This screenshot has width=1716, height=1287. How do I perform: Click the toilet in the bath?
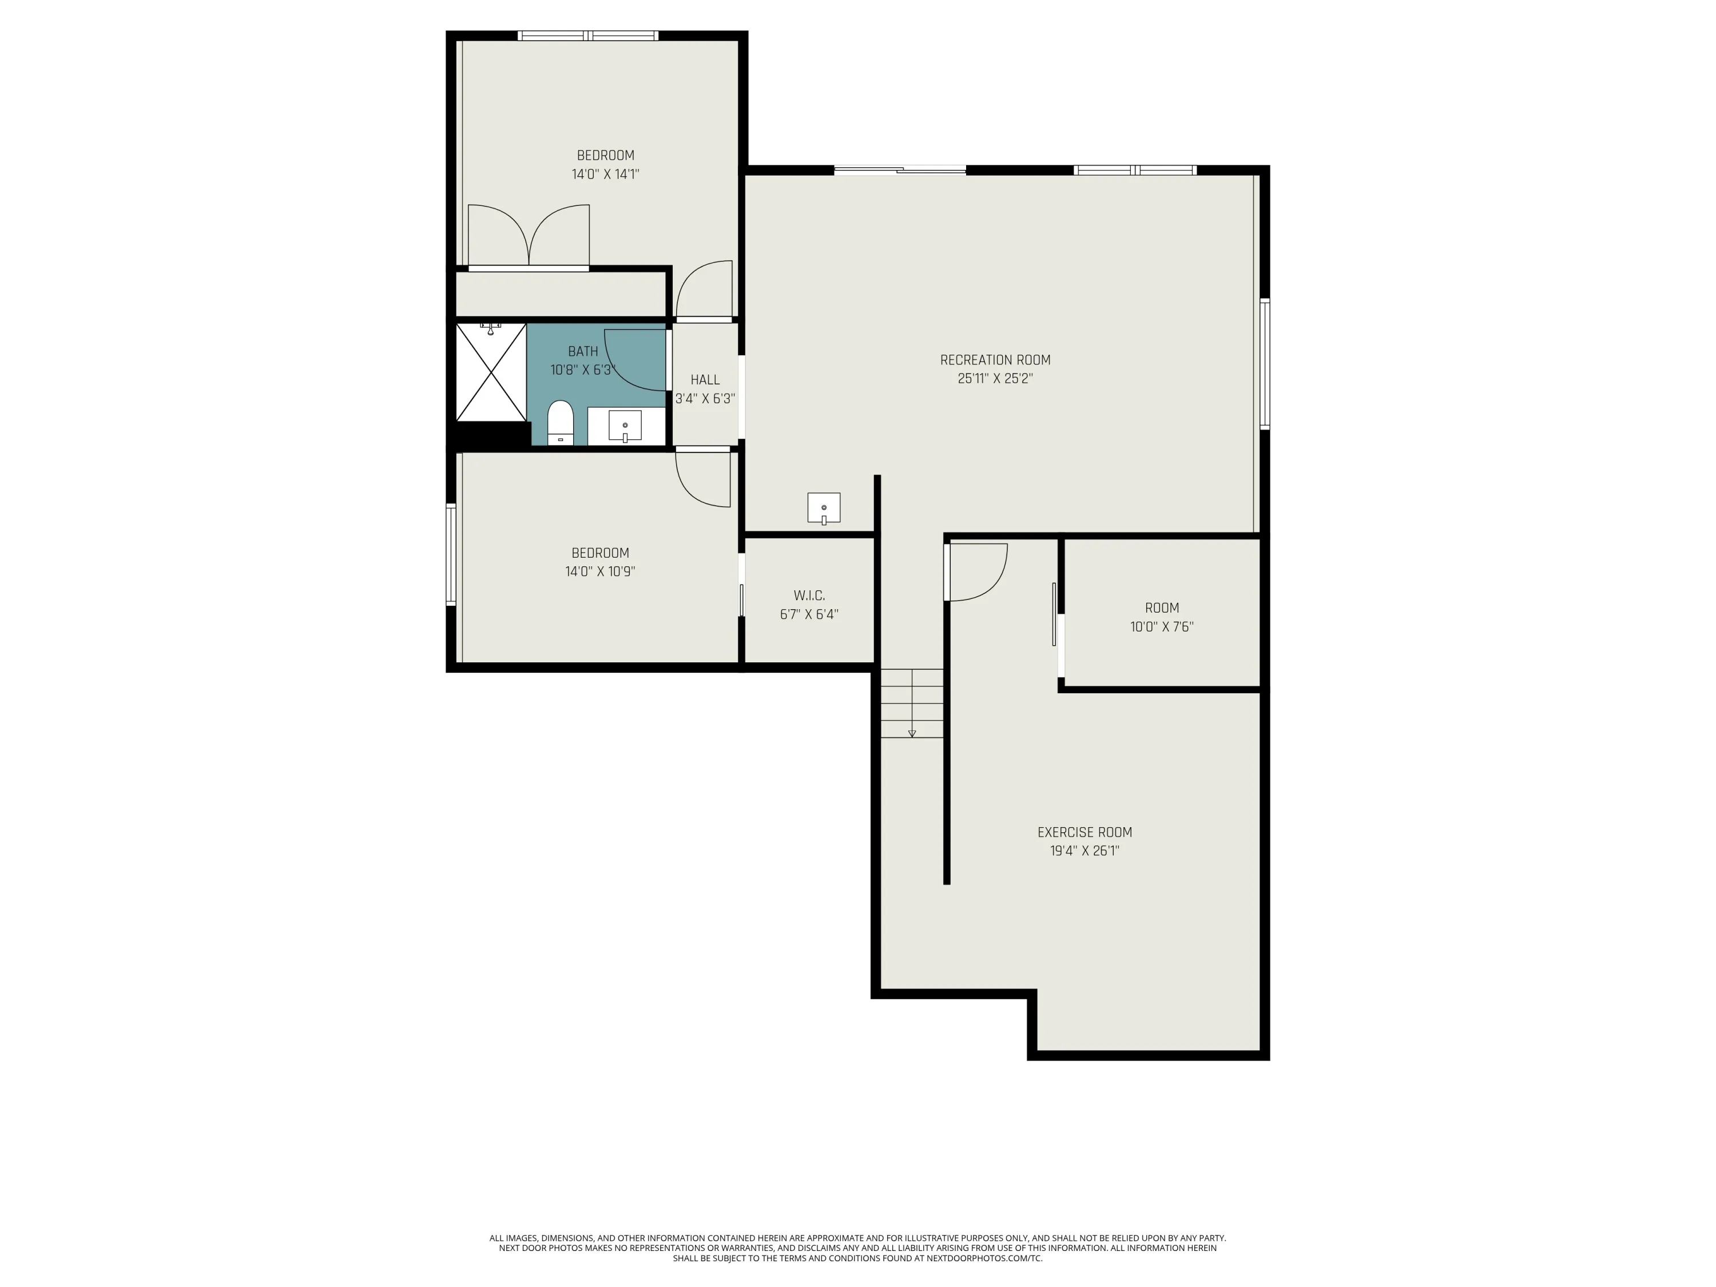click(x=560, y=423)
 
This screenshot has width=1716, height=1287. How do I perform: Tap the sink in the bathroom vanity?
click(x=625, y=426)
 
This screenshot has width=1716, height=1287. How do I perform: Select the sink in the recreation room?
click(x=824, y=508)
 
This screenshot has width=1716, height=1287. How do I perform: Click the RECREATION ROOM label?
click(x=995, y=360)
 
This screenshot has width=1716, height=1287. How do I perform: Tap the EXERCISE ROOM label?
click(x=1085, y=832)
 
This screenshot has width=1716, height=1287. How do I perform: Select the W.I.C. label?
click(x=809, y=596)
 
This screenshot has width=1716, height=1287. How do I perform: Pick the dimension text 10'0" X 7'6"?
click(x=1161, y=627)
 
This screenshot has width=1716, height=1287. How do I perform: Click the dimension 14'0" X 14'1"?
click(x=605, y=174)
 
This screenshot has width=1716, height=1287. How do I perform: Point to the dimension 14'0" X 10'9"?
click(x=601, y=572)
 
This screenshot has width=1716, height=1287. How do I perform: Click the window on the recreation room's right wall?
click(x=1265, y=364)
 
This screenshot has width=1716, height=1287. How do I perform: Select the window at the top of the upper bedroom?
click(x=588, y=35)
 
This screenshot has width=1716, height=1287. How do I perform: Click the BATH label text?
click(x=583, y=351)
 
